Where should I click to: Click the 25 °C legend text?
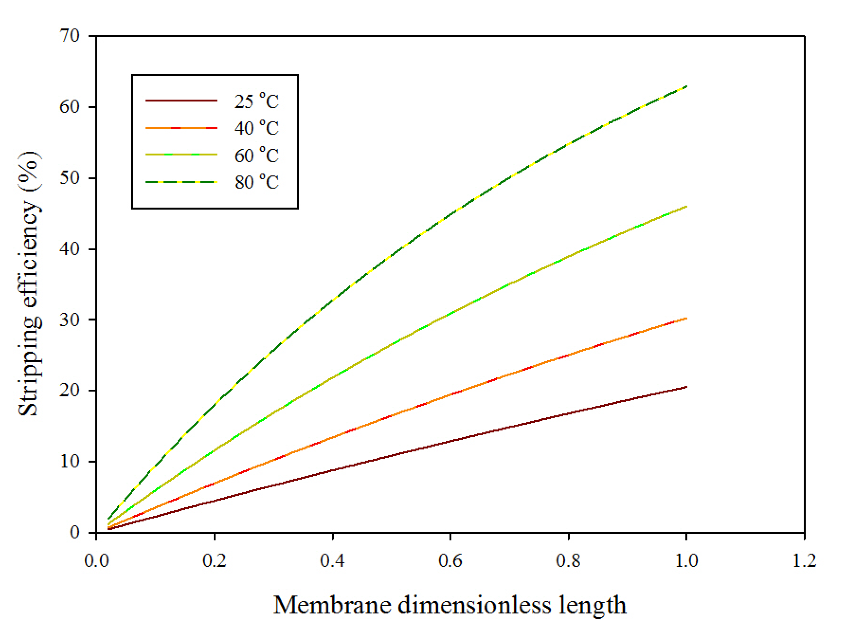click(x=257, y=101)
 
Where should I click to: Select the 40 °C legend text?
click(x=257, y=128)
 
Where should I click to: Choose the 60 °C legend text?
click(x=257, y=155)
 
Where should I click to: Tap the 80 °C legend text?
click(x=257, y=182)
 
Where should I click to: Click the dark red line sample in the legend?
click(x=181, y=100)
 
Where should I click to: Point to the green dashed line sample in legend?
click(x=181, y=182)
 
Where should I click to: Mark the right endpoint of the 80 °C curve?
click(x=686, y=87)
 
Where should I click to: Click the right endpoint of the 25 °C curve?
click(x=686, y=387)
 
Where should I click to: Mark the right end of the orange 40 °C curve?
click(x=686, y=319)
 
